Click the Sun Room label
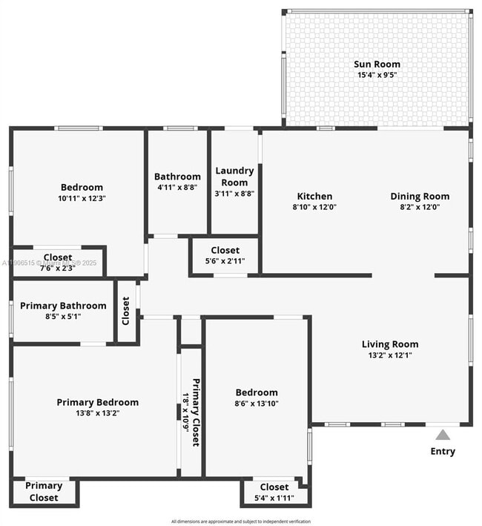tap(377, 63)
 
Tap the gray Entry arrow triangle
tap(442, 435)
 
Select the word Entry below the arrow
tap(443, 451)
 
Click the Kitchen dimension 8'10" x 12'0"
tap(314, 207)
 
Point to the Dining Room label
tap(420, 197)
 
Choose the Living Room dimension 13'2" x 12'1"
tap(389, 355)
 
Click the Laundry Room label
tap(234, 176)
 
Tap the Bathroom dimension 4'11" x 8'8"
tap(177, 187)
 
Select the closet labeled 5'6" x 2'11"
tap(225, 261)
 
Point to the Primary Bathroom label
tap(63, 306)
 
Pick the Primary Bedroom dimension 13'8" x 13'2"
tap(97, 413)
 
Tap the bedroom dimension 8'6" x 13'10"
tap(257, 404)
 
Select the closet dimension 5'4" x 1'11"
tap(274, 497)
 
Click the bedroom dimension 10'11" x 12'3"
tap(82, 198)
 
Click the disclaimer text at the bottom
tap(241, 521)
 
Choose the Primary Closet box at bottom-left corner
tap(44, 492)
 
